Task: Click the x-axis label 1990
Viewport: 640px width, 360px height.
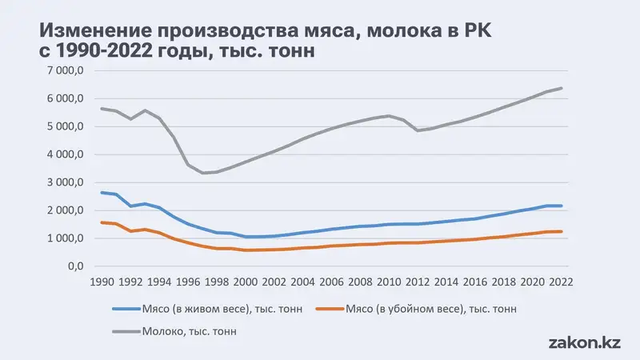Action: coord(102,282)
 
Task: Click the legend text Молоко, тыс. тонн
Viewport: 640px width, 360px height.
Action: coord(193,329)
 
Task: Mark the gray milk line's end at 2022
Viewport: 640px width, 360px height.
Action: coord(562,88)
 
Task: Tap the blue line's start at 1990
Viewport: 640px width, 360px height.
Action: coord(101,192)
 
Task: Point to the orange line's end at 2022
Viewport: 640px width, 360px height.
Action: coord(562,231)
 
